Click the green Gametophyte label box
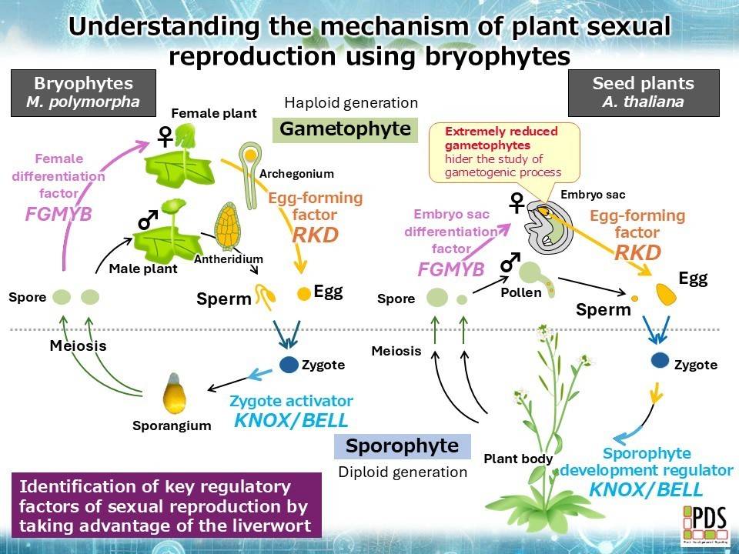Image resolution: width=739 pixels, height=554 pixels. coord(345,129)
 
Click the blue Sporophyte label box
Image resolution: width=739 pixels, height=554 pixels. coord(402,446)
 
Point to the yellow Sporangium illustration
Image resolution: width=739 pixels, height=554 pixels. coord(175,395)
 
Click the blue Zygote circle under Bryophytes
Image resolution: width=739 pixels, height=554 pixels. coord(289,365)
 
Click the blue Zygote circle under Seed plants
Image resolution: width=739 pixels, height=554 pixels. coord(660,359)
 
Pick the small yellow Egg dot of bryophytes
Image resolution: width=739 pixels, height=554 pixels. coord(304,292)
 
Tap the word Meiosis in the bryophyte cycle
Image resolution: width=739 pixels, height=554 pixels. coord(78,345)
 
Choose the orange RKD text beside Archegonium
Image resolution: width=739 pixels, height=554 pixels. coord(315,235)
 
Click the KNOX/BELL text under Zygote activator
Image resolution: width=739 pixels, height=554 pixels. coord(291,420)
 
